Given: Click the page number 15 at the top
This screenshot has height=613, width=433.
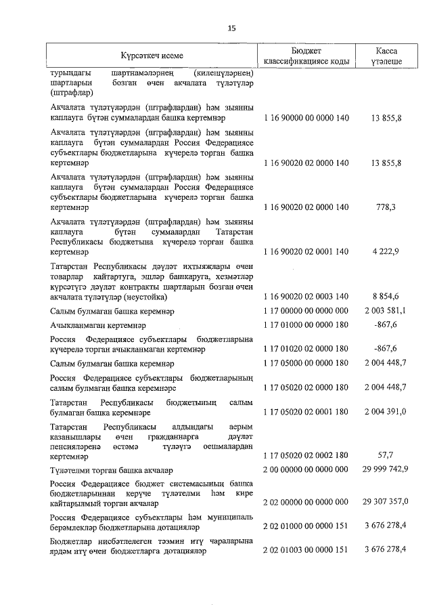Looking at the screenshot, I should pyautogui.click(x=232, y=28).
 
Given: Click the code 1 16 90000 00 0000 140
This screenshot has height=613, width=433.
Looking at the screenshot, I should pyautogui.click(x=306, y=118).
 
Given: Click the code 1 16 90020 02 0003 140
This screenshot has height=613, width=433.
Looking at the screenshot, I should pyautogui.click(x=306, y=297).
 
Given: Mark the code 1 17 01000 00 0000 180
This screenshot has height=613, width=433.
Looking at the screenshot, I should pyautogui.click(x=306, y=326).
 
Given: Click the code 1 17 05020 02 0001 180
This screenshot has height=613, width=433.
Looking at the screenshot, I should pyautogui.click(x=306, y=412).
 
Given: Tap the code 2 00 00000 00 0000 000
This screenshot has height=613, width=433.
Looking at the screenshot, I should pyautogui.click(x=306, y=470).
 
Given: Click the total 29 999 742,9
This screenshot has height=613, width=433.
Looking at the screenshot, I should pyautogui.click(x=384, y=470).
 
